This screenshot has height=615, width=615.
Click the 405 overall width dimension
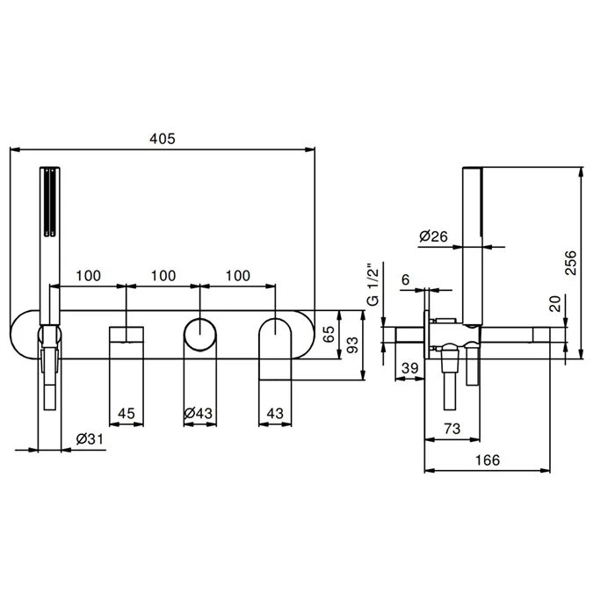click(x=163, y=139)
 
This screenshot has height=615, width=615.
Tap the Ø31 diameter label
click(x=90, y=439)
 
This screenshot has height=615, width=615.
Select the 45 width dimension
click(x=127, y=413)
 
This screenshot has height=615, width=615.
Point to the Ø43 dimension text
click(x=199, y=413)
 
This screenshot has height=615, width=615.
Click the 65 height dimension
click(x=329, y=334)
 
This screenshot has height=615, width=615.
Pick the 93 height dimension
click(x=352, y=344)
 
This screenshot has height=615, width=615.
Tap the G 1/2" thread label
click(x=373, y=286)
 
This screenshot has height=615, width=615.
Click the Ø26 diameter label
click(x=433, y=236)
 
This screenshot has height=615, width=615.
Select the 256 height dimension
click(x=571, y=263)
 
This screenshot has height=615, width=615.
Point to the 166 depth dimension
click(x=488, y=459)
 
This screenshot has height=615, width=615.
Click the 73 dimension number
click(x=452, y=429)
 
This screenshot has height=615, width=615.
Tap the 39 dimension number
click(x=410, y=368)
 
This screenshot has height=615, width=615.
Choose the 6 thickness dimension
click(x=406, y=279)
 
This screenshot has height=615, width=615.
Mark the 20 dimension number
click(x=556, y=303)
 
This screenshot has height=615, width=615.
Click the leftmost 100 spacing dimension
click(x=88, y=275)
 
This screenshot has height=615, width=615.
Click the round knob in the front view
click(x=200, y=335)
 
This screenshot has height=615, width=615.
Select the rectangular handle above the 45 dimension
click(x=127, y=335)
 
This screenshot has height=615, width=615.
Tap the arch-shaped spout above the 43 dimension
click(x=275, y=349)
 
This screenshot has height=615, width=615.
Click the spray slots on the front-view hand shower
click(x=50, y=203)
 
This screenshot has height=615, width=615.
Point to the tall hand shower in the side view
click(x=473, y=246)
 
